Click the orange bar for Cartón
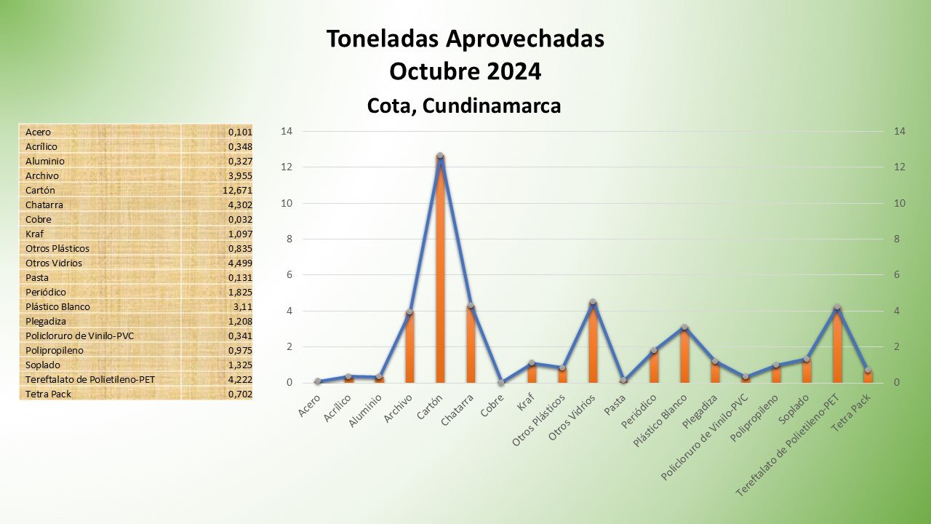point(440,277)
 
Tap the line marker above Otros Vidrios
point(593,302)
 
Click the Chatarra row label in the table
point(44,205)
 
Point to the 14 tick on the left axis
point(286,131)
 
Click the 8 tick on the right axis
point(899,239)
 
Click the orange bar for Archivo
point(409,348)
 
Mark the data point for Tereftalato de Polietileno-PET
point(837,307)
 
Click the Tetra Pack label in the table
point(49,394)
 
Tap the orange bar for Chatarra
point(471,345)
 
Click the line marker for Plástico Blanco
point(684,327)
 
